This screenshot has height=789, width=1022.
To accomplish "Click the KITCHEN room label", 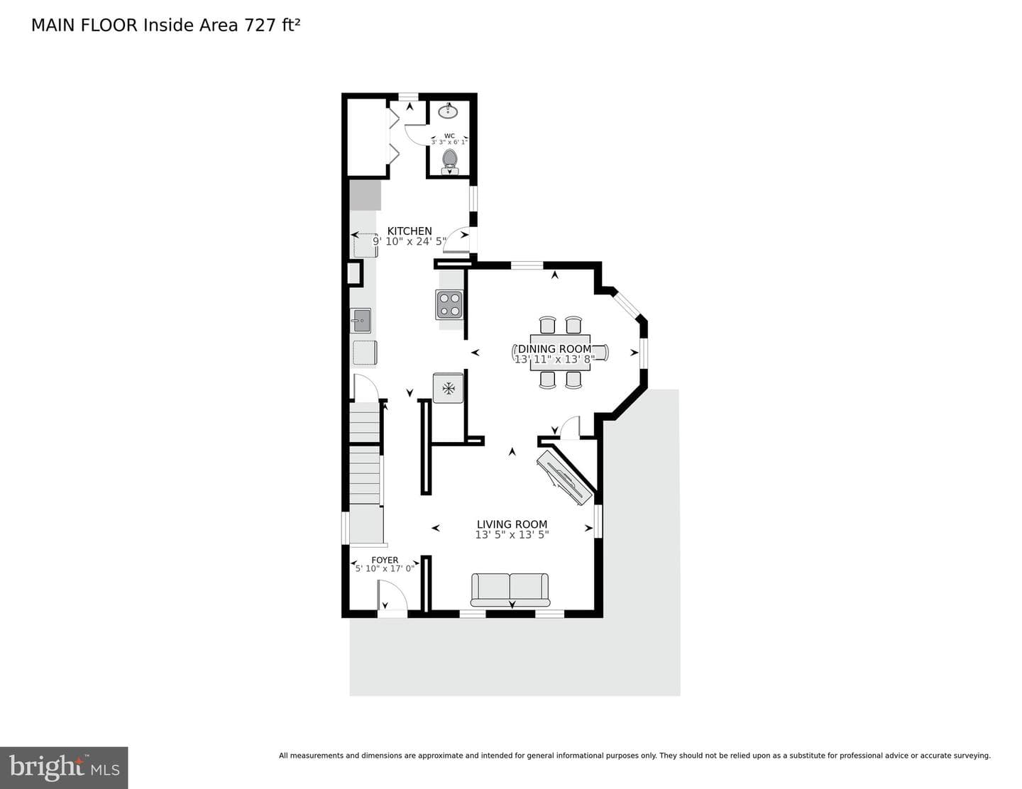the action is tap(410, 231).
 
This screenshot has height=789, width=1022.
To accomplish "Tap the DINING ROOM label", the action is tap(554, 349).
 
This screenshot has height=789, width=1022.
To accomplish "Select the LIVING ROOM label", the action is tap(512, 524).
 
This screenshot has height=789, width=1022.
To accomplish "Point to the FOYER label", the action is tap(385, 560).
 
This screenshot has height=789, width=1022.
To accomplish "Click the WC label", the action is tap(449, 136).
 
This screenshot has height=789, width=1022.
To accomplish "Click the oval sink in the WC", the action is tap(448, 111).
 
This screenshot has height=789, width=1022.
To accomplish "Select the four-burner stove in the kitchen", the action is tap(449, 304).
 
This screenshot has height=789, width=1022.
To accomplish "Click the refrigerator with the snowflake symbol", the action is tap(449, 388).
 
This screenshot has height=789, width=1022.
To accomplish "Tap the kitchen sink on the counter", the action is tap(361, 321).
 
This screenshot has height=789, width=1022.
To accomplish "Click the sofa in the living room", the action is tap(510, 590).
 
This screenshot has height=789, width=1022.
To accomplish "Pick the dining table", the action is tap(560, 352).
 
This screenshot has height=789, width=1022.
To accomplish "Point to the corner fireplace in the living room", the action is tap(564, 478).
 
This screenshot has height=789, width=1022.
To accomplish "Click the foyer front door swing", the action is tap(392, 595).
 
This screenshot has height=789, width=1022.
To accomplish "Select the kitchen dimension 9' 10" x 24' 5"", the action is tap(410, 242).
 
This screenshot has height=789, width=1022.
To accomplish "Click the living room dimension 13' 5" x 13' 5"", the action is tap(512, 534).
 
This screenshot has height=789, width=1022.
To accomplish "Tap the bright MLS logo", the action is tap(64, 768).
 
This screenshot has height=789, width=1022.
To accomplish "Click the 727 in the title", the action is tap(260, 26).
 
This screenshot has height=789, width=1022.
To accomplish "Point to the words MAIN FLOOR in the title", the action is tap(84, 26).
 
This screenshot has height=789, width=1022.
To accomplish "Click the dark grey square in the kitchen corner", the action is tap(365, 194).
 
